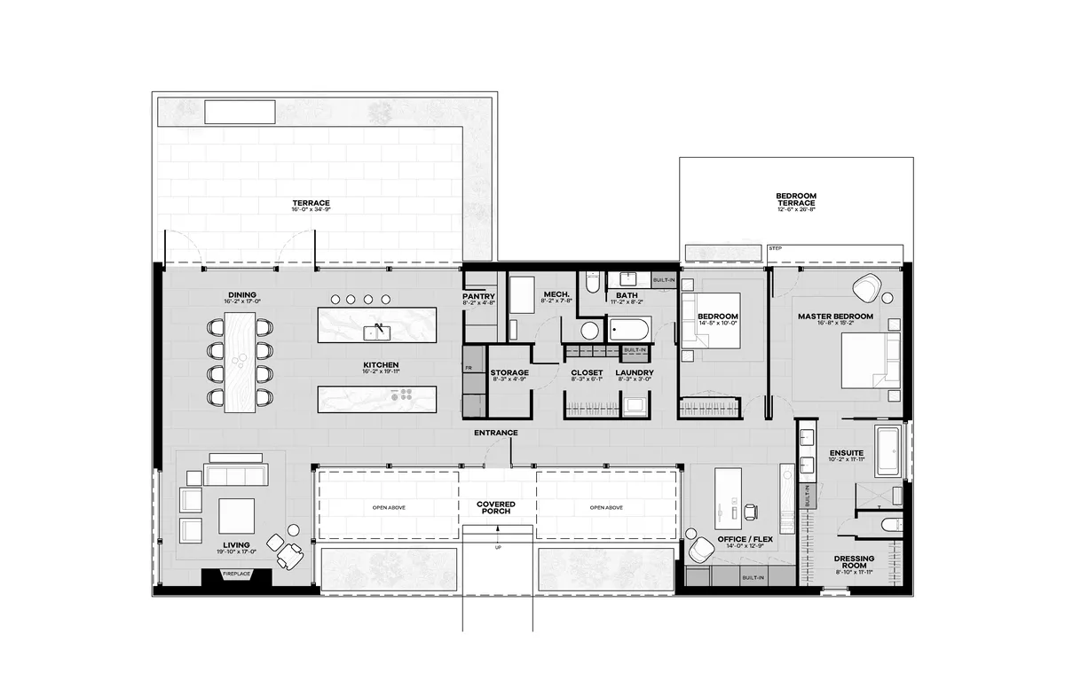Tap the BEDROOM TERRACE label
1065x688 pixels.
click(x=795, y=199)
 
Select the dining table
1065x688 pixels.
click(x=238, y=363)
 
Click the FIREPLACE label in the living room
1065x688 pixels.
click(x=236, y=575)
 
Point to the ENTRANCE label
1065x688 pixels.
click(x=495, y=433)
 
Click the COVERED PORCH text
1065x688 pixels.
click(x=495, y=508)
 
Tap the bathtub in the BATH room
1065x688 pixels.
click(x=629, y=331)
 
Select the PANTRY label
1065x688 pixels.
click(x=478, y=297)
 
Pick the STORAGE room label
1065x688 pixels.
click(x=509, y=372)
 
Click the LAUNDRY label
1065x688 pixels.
click(x=635, y=372)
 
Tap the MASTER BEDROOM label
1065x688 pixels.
click(x=834, y=317)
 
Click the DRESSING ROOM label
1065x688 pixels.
click(x=854, y=562)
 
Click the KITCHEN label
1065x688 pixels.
click(x=379, y=364)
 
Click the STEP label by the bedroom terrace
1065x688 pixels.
click(x=775, y=249)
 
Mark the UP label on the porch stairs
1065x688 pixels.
click(x=498, y=548)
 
